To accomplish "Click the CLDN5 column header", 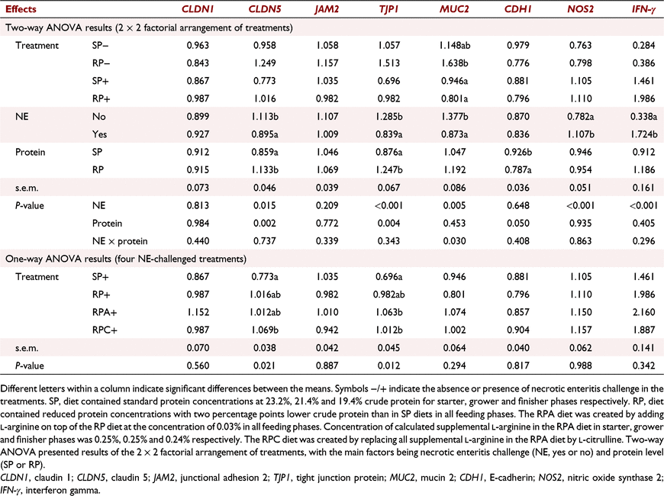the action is [265, 9].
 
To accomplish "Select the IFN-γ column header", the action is [643, 9].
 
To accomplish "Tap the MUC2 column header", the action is [454, 9].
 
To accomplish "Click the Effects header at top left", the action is [21, 9].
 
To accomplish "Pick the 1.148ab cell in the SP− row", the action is [454, 45].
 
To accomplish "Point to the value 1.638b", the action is [454, 63].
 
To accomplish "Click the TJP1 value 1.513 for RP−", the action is [389, 63].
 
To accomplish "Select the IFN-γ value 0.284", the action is [643, 45].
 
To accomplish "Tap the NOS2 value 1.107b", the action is [581, 134].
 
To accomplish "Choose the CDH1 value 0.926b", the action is [518, 152].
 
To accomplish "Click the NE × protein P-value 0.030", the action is [454, 241].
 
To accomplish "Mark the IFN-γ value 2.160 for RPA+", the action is [643, 312].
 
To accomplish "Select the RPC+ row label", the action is [105, 330].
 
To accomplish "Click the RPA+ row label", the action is [105, 312].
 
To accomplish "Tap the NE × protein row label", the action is [120, 241].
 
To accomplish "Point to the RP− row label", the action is [102, 63].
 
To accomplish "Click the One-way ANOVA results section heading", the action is [126, 259].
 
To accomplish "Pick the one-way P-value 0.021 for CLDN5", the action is [265, 366].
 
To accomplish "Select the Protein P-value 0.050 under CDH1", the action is [518, 224].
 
